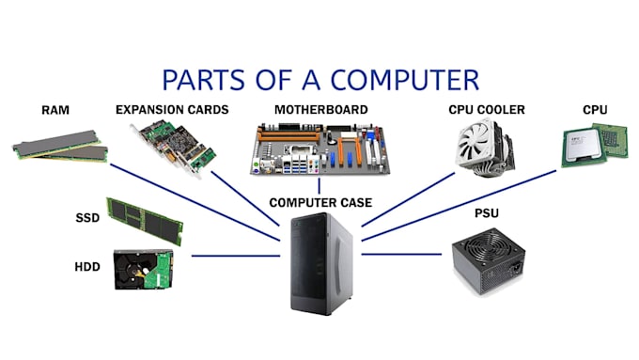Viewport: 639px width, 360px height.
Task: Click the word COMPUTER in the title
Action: pos(409,77)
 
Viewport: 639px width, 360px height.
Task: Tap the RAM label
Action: pos(55,110)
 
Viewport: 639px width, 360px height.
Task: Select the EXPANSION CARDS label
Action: pos(171,110)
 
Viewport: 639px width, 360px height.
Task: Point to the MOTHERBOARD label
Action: pos(319,110)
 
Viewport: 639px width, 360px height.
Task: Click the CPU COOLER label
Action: pos(487,110)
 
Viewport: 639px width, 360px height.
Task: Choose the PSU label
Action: pos(487,213)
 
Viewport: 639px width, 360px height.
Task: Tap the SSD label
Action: pos(87,218)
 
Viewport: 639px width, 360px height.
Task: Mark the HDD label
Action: pos(87,267)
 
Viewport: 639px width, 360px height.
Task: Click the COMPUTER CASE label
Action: pos(320,202)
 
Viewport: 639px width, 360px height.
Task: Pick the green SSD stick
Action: pos(145,220)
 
